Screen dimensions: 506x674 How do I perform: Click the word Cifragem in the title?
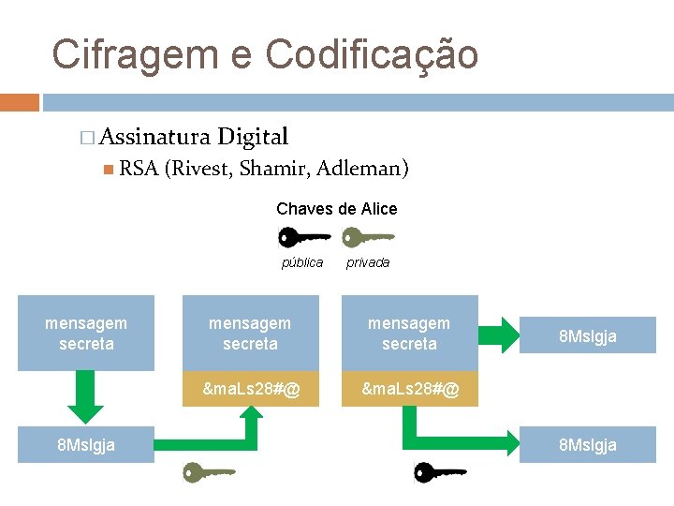point(131,54)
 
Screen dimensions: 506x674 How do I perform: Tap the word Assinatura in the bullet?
point(154,138)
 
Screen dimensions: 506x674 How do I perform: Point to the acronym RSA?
point(138,169)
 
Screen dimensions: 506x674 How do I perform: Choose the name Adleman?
point(362,169)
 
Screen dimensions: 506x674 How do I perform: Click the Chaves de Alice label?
point(337,209)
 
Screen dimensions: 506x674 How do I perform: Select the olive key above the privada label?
point(367,237)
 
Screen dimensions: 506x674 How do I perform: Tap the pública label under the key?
point(302,263)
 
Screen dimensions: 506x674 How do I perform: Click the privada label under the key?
point(368,263)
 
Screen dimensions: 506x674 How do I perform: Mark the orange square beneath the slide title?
point(20,102)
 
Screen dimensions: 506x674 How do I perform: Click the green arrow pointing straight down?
point(86,401)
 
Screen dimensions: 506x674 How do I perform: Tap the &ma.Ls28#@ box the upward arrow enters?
point(251,388)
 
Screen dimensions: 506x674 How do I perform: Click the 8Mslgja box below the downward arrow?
point(86,445)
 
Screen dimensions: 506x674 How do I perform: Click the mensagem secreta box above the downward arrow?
point(86,334)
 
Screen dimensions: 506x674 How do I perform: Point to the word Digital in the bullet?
point(253,138)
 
